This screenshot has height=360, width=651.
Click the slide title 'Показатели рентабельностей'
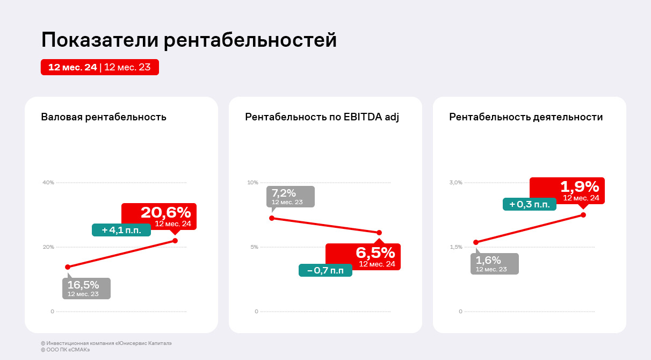(x=189, y=40)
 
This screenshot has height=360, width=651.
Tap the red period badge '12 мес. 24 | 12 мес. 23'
(x=100, y=67)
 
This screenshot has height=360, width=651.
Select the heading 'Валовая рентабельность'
(x=104, y=117)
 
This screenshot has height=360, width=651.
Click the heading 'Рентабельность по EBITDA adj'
(x=322, y=117)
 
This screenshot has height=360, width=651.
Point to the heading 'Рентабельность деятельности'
(x=526, y=117)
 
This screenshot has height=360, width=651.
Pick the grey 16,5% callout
(x=86, y=288)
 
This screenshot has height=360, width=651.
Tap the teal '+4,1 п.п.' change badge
(x=121, y=230)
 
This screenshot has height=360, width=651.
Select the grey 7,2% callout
(x=291, y=197)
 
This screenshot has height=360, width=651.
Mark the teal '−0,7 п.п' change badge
(x=325, y=270)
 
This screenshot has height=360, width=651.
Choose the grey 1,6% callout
(x=495, y=264)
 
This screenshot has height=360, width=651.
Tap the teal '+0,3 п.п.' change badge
(x=530, y=204)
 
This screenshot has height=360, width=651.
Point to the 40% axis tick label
(x=48, y=183)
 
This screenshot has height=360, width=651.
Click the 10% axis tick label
(x=252, y=183)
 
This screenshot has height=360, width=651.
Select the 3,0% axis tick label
(x=455, y=183)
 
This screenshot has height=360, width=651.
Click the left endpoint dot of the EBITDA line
(x=272, y=218)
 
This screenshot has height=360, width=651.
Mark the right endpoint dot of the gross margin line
(x=175, y=241)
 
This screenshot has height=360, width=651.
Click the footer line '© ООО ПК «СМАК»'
(x=66, y=350)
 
